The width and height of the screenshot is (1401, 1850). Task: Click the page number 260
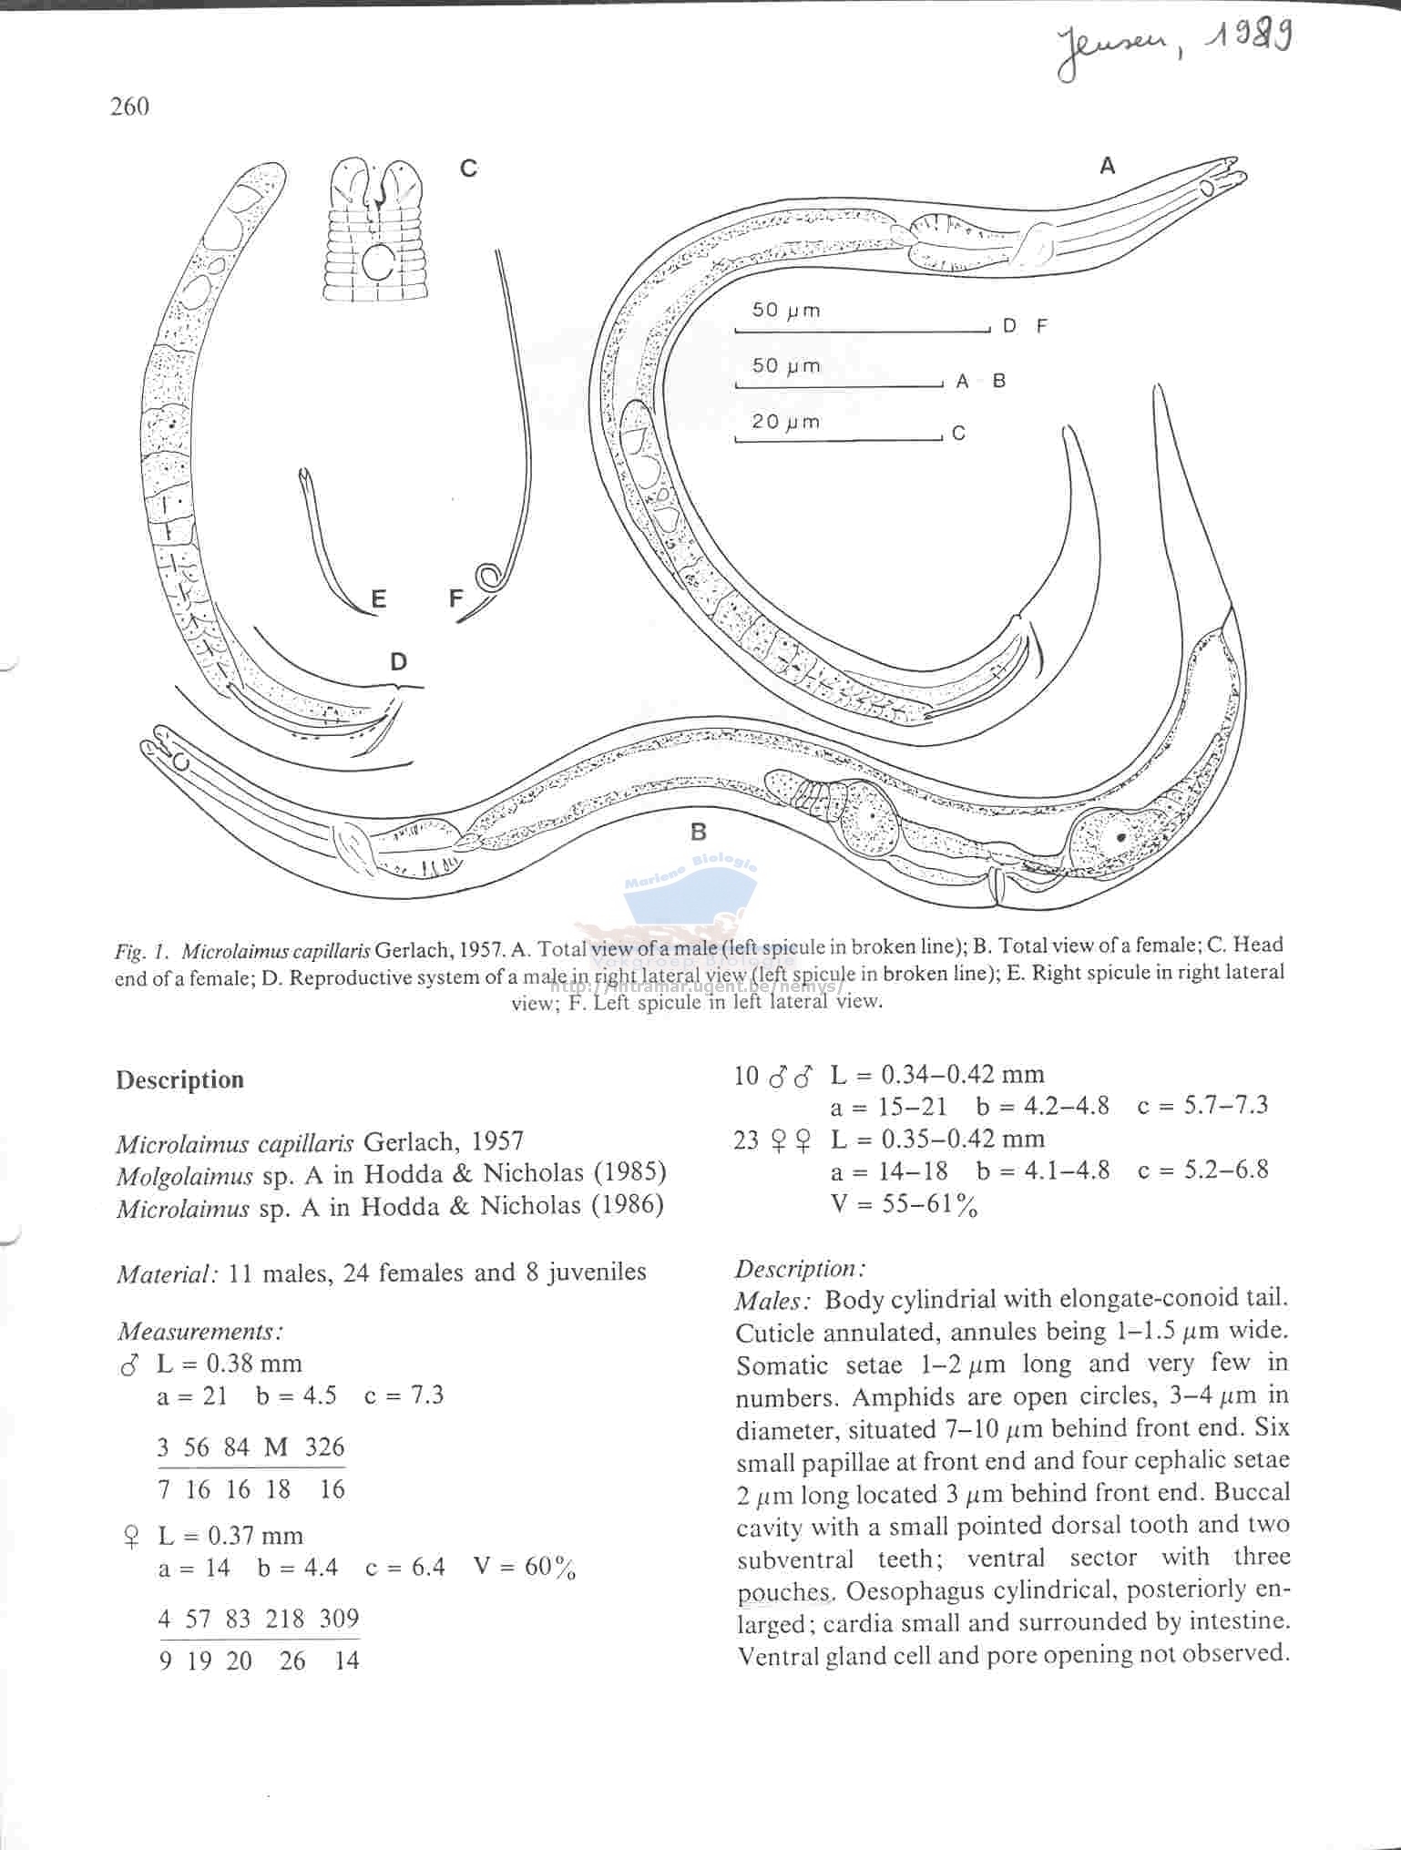(129, 107)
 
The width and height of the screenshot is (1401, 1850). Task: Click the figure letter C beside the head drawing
(468, 169)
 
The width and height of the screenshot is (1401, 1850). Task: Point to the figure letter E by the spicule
(378, 598)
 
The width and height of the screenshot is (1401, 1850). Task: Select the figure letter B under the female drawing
(699, 832)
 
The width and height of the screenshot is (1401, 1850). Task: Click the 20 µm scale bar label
(785, 422)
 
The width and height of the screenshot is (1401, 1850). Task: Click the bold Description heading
(179, 1079)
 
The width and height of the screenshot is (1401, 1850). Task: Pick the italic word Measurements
(199, 1332)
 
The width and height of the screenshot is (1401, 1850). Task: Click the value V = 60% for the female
(525, 1568)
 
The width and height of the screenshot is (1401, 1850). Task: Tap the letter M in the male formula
(276, 1447)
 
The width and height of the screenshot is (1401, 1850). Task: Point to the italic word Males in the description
(774, 1301)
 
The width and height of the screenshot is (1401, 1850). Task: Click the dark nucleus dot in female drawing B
(1121, 835)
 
